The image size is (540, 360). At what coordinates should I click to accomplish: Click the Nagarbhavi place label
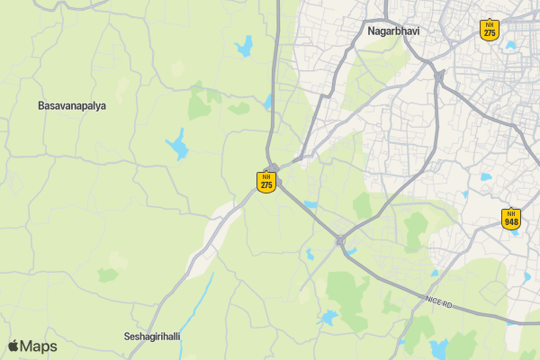pyautogui.click(x=394, y=31)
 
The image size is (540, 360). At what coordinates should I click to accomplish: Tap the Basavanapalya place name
pyautogui.click(x=72, y=105)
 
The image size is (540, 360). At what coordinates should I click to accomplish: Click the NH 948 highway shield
pyautogui.click(x=511, y=217)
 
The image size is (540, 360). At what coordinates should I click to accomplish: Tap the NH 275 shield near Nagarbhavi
pyautogui.click(x=489, y=28)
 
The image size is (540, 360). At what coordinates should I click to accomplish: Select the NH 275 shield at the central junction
pyautogui.click(x=265, y=182)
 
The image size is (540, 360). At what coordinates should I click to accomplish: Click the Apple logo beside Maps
pyautogui.click(x=13, y=346)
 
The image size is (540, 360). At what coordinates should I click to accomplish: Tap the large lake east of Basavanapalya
pyautogui.click(x=177, y=145)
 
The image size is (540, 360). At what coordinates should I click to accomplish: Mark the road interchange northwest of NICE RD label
pyautogui.click(x=340, y=240)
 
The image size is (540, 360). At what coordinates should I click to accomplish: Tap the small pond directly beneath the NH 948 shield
pyautogui.click(x=514, y=236)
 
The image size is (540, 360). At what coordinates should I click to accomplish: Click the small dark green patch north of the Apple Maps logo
pyautogui.click(x=108, y=274)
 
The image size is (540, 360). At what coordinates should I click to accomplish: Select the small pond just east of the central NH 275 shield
pyautogui.click(x=310, y=205)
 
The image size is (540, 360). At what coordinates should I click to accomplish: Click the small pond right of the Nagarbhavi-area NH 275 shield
pyautogui.click(x=510, y=44)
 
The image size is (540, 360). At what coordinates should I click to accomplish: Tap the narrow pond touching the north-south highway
pyautogui.click(x=267, y=102)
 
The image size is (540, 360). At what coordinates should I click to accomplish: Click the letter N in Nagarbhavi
pyautogui.click(x=372, y=31)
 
